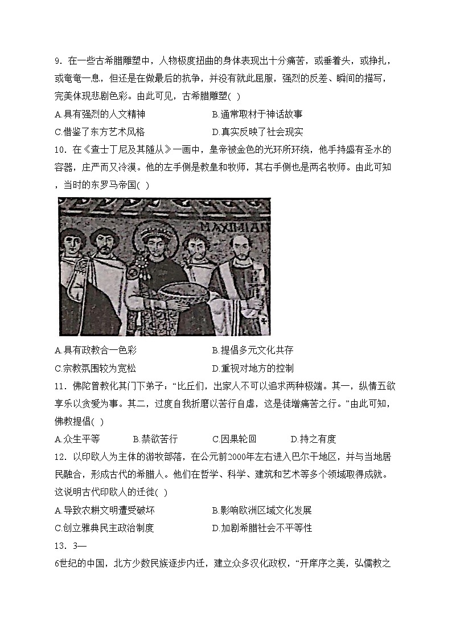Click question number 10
click(x=61, y=150)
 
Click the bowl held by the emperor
click(x=182, y=291)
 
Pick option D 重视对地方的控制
click(x=253, y=368)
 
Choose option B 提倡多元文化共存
click(x=253, y=350)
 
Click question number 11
click(x=61, y=386)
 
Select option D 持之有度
click(x=313, y=439)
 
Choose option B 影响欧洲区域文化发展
click(x=261, y=510)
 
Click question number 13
click(x=61, y=546)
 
